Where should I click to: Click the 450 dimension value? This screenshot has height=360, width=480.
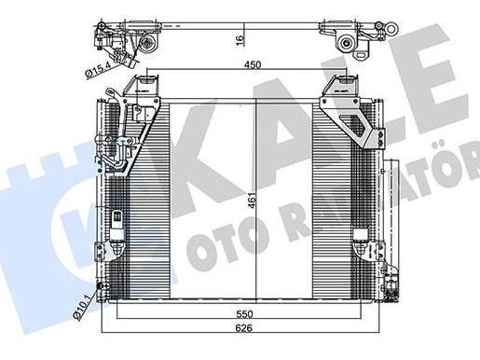253,65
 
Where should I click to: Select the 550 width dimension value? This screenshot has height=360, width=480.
244,314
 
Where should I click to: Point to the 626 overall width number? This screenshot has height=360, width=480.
243,328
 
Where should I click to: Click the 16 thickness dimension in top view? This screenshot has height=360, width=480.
240,40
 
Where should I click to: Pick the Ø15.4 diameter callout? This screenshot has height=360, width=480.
98,70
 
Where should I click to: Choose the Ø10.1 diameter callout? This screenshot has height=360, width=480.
82,308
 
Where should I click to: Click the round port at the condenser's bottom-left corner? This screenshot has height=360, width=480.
102,286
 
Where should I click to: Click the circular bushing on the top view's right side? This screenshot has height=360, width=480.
346,43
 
